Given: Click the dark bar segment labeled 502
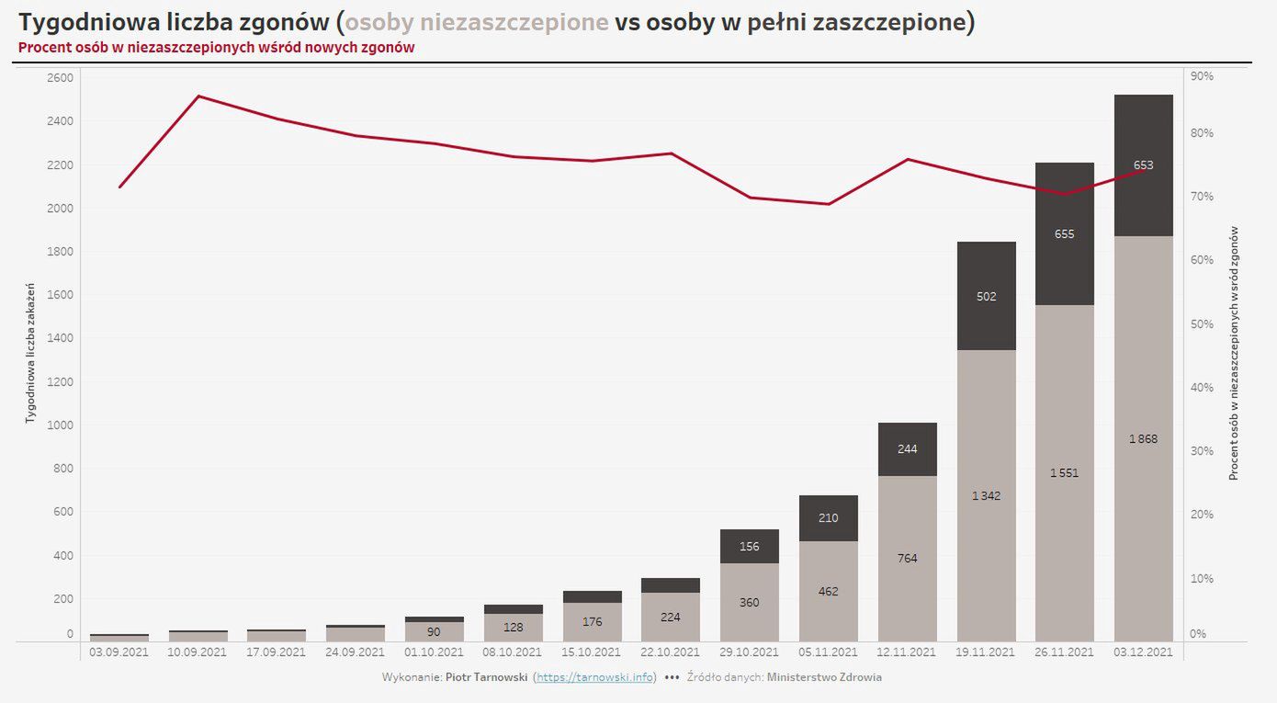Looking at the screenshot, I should click(986, 296).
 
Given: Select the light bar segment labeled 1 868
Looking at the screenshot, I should click(1143, 438).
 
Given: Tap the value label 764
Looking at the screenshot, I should click(908, 558).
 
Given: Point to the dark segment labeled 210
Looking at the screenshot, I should click(828, 517).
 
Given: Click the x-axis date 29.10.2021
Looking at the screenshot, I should click(749, 652).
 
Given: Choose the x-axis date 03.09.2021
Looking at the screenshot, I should click(119, 652).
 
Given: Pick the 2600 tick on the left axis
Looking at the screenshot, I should click(59, 77).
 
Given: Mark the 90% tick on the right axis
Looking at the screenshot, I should click(1202, 77).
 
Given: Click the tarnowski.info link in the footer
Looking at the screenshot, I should click(595, 677).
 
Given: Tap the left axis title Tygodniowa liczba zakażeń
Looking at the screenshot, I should click(30, 354).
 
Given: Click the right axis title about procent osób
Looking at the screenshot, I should click(1234, 354).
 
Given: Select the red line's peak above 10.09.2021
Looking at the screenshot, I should click(198, 96).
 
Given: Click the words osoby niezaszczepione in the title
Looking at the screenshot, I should click(477, 22).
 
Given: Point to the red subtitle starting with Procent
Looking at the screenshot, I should click(216, 48).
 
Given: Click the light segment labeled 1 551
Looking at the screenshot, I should click(1065, 472).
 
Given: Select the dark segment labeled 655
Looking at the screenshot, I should click(1065, 233).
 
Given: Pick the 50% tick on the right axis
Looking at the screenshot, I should click(1202, 324).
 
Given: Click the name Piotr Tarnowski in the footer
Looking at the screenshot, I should click(486, 677).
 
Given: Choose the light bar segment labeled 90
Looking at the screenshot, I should click(434, 631).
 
